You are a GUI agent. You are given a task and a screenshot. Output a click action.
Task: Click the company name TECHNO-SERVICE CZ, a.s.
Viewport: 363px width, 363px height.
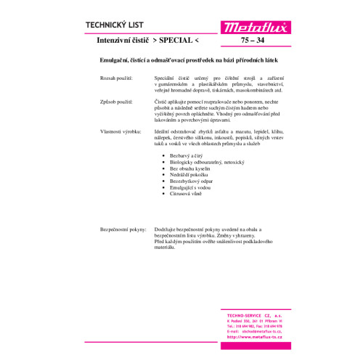point(249,310)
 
